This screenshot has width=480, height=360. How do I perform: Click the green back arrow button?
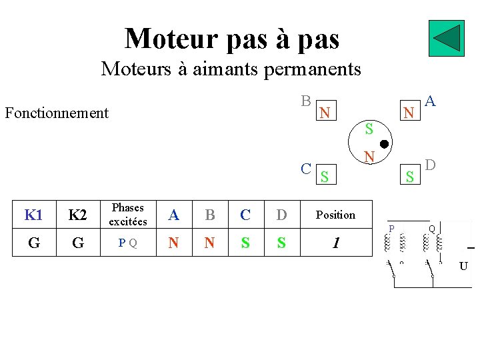(x=446, y=39)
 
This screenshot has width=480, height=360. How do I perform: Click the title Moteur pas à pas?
(x=232, y=39)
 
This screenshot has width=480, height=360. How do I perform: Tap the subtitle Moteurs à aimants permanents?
(x=231, y=68)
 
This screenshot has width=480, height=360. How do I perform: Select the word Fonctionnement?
(x=57, y=113)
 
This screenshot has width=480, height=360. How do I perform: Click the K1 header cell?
(x=34, y=215)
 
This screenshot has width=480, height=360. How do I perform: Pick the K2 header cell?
(x=78, y=215)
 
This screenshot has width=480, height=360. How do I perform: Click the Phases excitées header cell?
(x=127, y=215)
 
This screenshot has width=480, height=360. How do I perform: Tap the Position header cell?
(x=335, y=215)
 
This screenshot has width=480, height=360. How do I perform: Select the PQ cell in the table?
(x=127, y=243)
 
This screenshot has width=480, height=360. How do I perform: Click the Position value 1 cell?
(x=335, y=243)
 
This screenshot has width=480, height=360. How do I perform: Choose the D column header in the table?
(x=281, y=215)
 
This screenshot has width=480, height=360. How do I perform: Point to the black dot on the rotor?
(x=384, y=144)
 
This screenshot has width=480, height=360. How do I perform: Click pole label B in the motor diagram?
(x=305, y=101)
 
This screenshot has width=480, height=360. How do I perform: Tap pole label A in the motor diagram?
(x=431, y=101)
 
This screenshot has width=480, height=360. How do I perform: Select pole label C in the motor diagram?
(x=305, y=168)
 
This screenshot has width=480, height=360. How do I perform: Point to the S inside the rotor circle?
(x=369, y=129)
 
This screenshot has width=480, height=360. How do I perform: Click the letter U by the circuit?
(x=463, y=267)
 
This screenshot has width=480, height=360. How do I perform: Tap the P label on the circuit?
(x=392, y=229)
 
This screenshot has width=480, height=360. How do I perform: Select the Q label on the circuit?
(x=432, y=229)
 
